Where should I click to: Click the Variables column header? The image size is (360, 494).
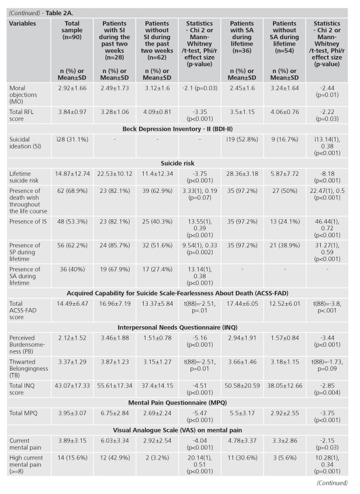tap(22, 23)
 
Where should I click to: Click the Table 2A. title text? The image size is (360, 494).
tap(60, 13)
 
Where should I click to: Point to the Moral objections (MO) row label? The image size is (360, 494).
tap(23, 95)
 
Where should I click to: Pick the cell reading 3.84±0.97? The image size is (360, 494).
tap(72, 112)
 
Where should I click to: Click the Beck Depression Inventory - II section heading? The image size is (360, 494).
tap(178, 129)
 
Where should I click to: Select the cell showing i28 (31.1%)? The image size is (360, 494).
tap(72, 139)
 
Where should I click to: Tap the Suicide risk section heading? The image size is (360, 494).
tap(178, 163)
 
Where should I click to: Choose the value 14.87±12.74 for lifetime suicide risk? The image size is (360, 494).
tap(72, 174)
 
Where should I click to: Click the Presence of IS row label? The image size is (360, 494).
tap(28, 222)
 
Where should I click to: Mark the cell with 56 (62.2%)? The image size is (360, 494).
tap(72, 246)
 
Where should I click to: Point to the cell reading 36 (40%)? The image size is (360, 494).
tap(72, 270)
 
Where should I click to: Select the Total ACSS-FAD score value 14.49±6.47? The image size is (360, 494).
tap(72, 304)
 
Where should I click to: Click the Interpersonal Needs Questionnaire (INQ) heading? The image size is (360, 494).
tap(178, 327)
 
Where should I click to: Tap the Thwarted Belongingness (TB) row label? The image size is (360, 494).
tap(29, 369)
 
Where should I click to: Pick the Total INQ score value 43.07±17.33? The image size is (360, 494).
tap(72, 386)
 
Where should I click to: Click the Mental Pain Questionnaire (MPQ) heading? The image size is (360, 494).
tap(178, 403)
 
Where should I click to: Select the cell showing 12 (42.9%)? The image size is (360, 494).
tap(115, 458)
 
